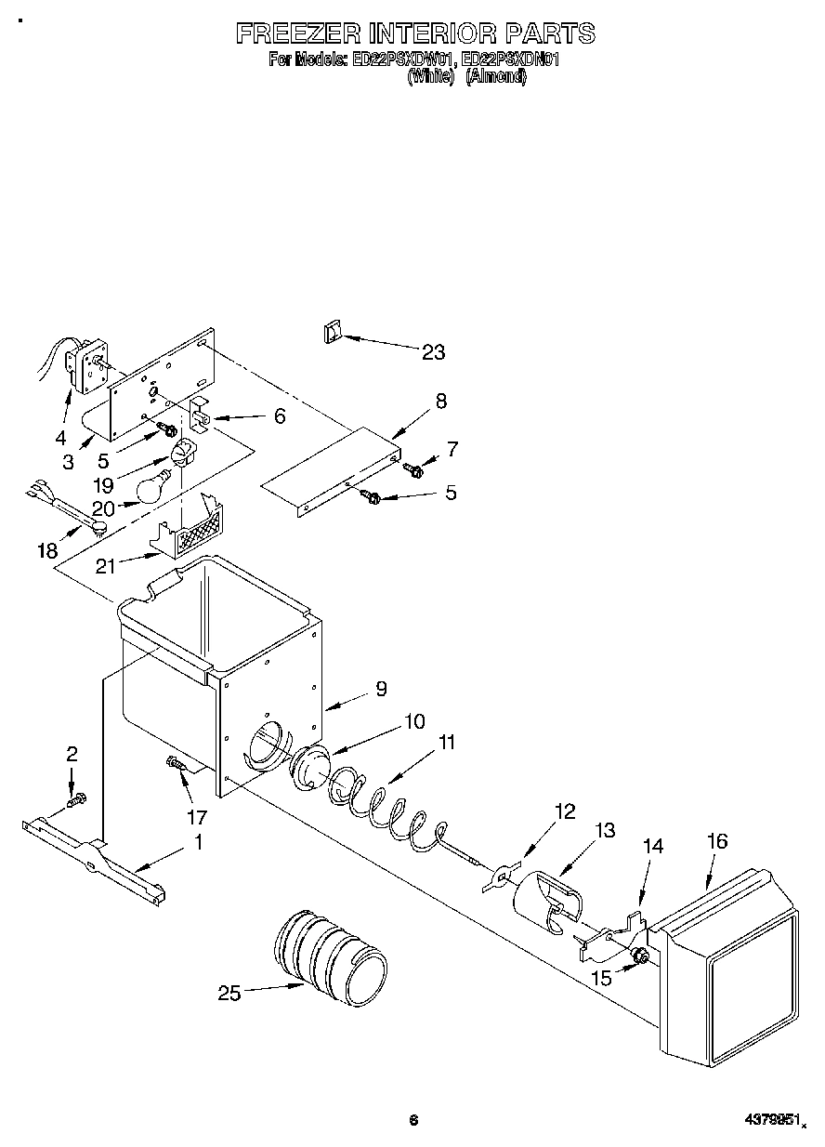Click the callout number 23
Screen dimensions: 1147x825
433,351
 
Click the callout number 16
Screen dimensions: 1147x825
716,841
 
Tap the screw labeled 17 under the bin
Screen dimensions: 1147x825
176,764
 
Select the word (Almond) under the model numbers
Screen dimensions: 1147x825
496,78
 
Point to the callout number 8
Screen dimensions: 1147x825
440,401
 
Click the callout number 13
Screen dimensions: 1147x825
605,830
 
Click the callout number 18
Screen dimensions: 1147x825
47,550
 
